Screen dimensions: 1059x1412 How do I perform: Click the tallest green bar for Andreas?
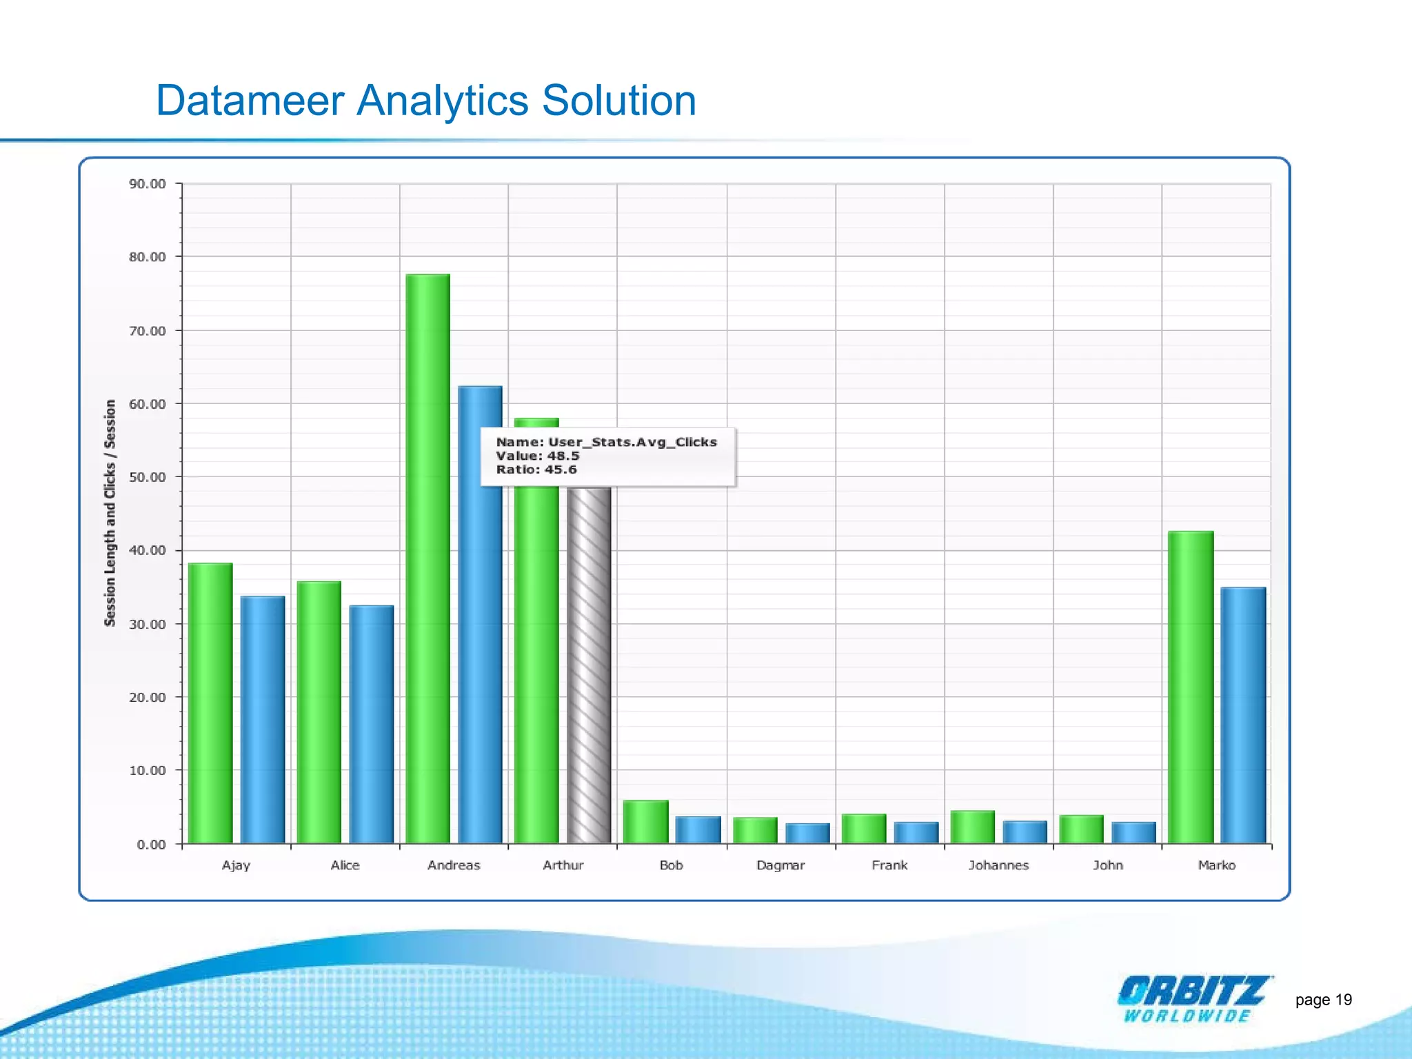pyautogui.click(x=427, y=558)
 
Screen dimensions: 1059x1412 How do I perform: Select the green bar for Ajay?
pyautogui.click(x=210, y=703)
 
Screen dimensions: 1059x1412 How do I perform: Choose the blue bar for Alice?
pyautogui.click(x=372, y=724)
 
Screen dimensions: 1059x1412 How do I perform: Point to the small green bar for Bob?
pyautogui.click(x=645, y=822)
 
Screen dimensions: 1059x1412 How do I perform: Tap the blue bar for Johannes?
pyautogui.click(x=1025, y=832)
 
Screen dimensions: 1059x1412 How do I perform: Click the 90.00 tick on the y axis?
pyautogui.click(x=148, y=184)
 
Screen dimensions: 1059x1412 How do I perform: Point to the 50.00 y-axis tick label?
pyautogui.click(x=148, y=477)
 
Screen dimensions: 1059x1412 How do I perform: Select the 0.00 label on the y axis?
pyautogui.click(x=151, y=845)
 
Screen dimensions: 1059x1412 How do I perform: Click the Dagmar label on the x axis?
pyautogui.click(x=780, y=865)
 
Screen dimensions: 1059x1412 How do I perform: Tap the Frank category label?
pyautogui.click(x=889, y=865)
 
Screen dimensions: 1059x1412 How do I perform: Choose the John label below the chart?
pyautogui.click(x=1107, y=865)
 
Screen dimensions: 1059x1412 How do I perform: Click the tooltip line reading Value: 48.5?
pyautogui.click(x=538, y=456)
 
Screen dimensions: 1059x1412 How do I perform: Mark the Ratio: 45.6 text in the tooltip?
pyautogui.click(x=536, y=470)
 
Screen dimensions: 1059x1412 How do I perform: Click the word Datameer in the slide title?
pyautogui.click(x=250, y=101)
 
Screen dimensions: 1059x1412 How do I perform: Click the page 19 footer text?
pyautogui.click(x=1323, y=1000)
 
